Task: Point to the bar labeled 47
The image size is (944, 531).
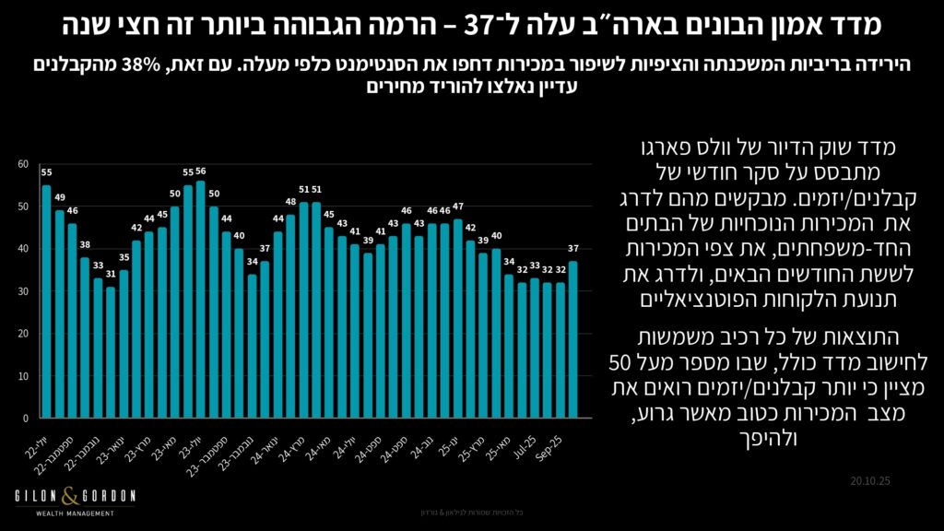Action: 458,317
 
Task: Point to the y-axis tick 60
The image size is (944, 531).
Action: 23,164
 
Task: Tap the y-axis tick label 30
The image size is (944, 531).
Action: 23,291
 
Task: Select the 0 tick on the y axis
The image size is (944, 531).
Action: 26,418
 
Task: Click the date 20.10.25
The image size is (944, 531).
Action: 874,480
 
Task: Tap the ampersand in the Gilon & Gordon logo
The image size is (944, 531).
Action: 74,496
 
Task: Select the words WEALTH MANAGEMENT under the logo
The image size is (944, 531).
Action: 74,513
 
